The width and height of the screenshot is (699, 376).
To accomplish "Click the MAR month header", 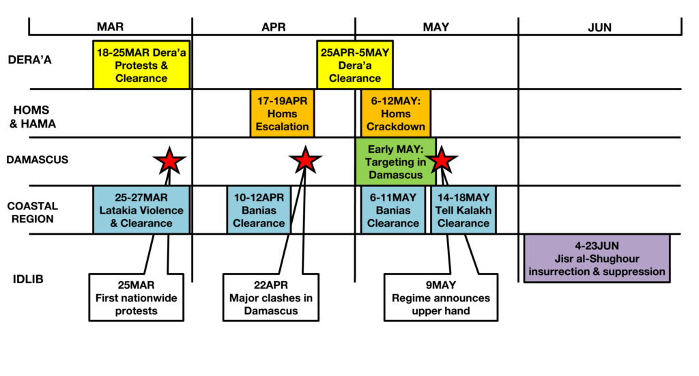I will (x=110, y=27).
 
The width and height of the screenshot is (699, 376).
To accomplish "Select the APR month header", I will (x=273, y=27).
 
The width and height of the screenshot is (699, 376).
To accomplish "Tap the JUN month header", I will (x=599, y=27).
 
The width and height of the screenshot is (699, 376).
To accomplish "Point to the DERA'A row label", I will (x=30, y=59).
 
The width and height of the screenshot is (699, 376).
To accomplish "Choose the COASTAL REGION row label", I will (x=32, y=211).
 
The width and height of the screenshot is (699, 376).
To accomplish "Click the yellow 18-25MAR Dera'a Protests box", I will (x=141, y=65).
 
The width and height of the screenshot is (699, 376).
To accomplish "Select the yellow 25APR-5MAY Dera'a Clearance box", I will (x=354, y=65).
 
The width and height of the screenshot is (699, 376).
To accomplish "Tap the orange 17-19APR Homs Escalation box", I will (x=282, y=113).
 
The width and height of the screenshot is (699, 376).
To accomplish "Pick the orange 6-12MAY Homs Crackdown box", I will (x=396, y=113).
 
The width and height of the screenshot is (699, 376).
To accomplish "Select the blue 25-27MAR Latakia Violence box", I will (x=141, y=210).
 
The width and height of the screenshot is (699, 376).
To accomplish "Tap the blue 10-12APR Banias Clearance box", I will (x=259, y=210).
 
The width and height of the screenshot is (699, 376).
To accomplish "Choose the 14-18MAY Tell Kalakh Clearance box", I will (x=463, y=210).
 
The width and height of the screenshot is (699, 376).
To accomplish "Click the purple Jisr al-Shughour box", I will (x=597, y=259).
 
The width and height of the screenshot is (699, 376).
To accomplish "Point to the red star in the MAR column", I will (x=169, y=161).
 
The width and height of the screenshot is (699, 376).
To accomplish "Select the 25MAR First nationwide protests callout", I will (x=137, y=297).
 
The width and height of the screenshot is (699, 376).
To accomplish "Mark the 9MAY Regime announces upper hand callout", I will (x=441, y=297).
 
